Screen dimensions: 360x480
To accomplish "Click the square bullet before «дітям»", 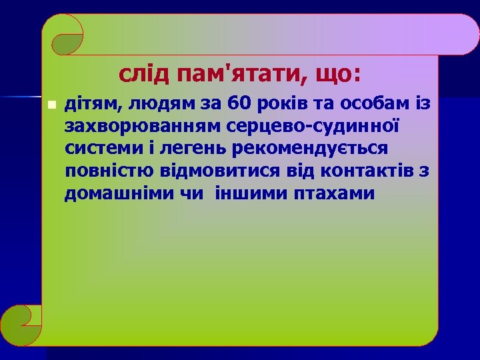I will (x=52, y=105).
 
